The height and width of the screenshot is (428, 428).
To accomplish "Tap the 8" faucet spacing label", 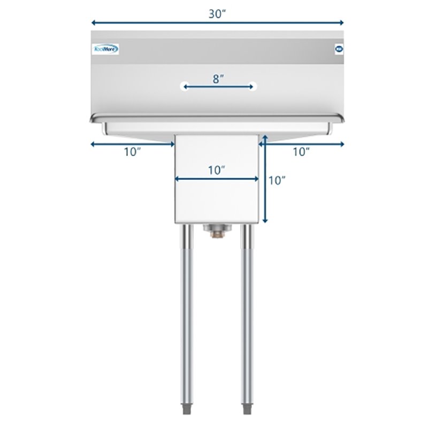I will pos(218,79).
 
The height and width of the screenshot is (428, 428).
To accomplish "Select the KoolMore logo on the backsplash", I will pos(105,49).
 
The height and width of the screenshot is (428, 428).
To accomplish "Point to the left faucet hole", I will pos(184,86).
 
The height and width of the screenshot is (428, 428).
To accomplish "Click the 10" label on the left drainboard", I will pos(132,152).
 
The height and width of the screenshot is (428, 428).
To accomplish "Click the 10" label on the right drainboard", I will pos(301,152).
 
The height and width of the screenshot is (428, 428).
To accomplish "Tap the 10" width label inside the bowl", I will pos(217,170).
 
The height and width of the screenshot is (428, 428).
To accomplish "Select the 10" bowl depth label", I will pos(277,181).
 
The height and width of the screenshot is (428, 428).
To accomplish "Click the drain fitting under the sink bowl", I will pos(217,230).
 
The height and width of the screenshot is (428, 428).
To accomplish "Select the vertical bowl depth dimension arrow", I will pos(264,182).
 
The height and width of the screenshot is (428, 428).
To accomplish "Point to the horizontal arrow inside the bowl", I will pos(217,179).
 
